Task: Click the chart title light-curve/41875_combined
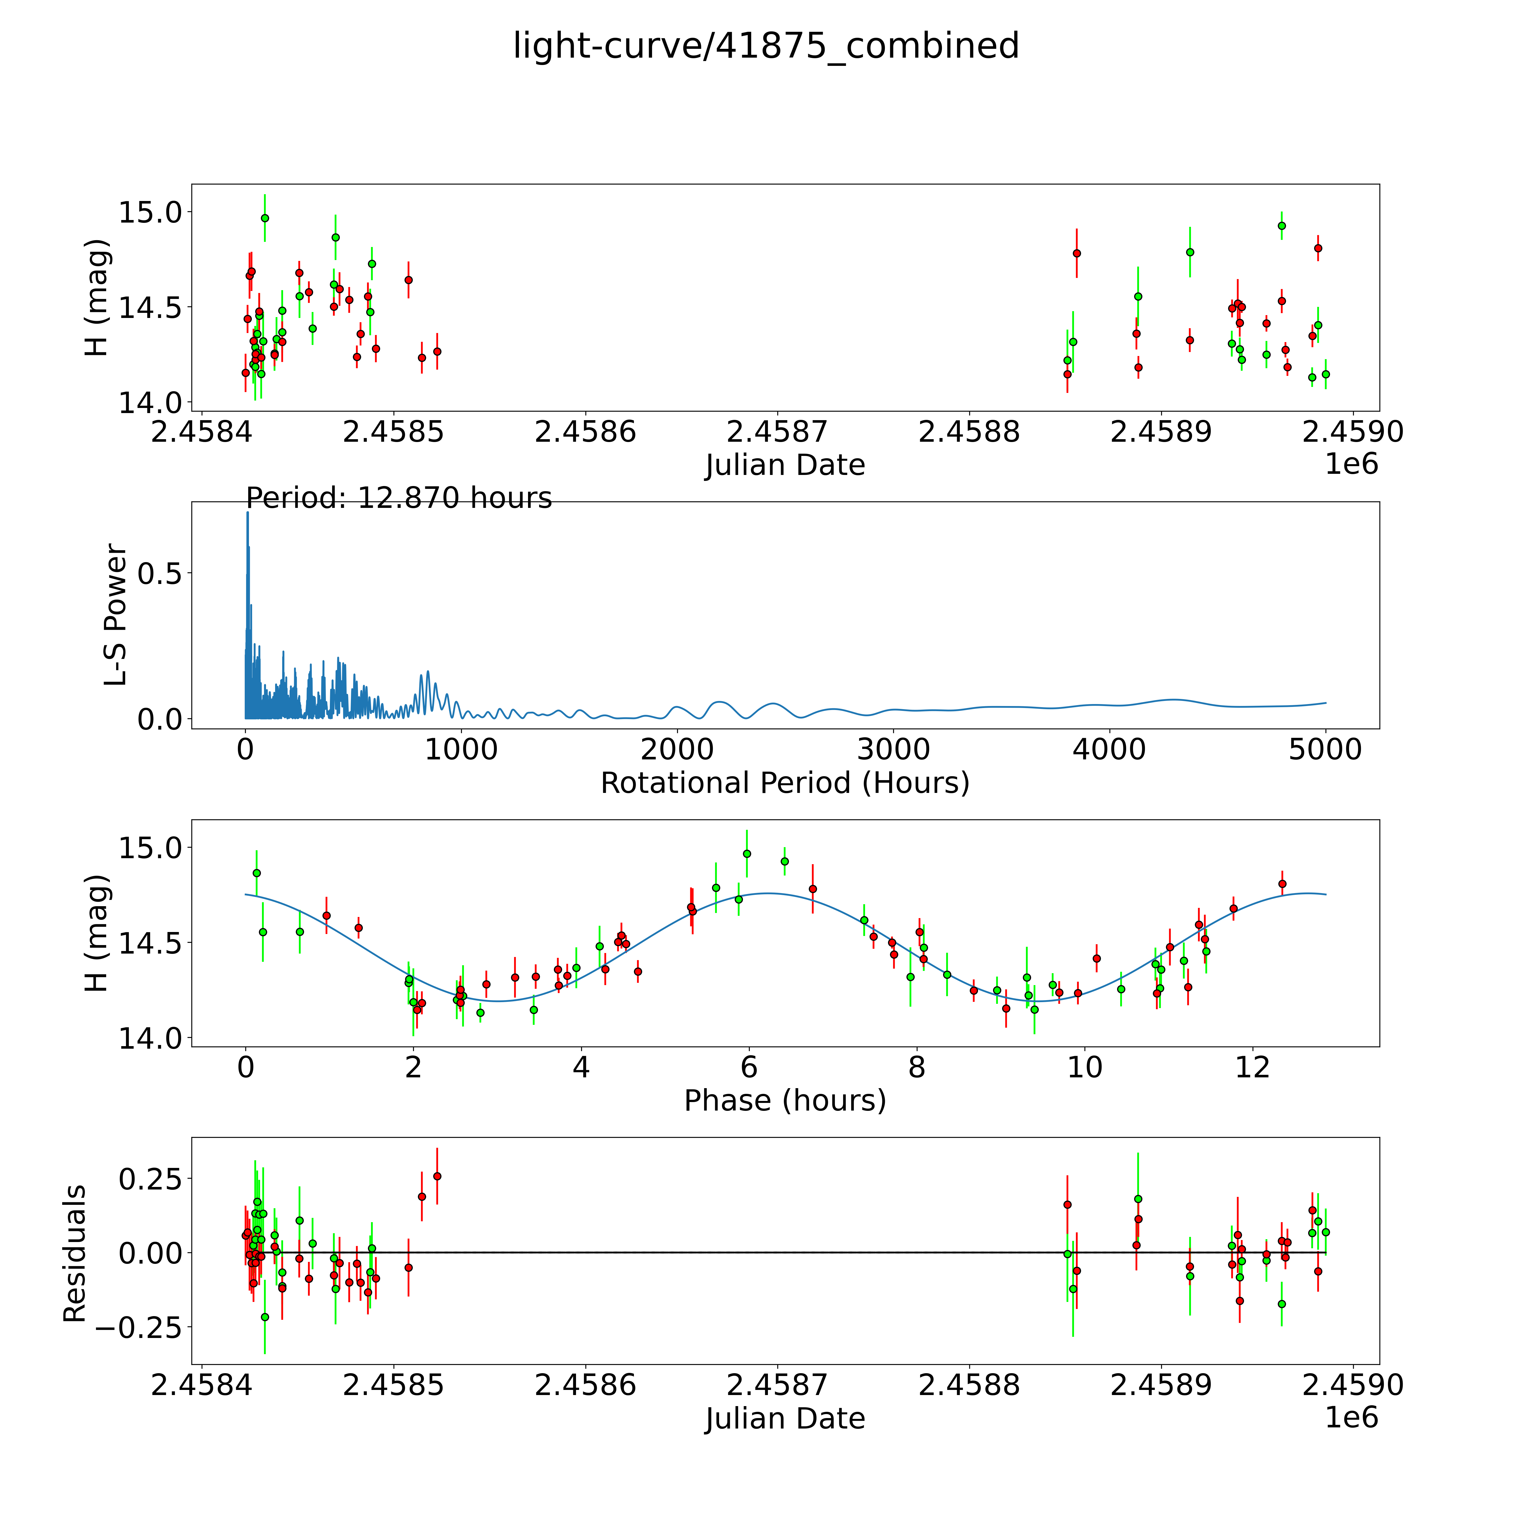click(766, 46)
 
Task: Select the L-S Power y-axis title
click(116, 615)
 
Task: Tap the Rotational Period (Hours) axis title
click(785, 783)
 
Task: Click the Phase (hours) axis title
click(785, 1101)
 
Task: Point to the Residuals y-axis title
click(75, 1254)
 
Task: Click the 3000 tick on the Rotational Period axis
click(893, 750)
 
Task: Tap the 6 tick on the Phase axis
click(749, 1067)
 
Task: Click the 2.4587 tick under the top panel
click(777, 432)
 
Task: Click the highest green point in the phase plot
click(747, 854)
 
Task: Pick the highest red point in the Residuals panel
click(436, 1176)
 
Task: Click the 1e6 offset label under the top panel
click(1351, 464)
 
